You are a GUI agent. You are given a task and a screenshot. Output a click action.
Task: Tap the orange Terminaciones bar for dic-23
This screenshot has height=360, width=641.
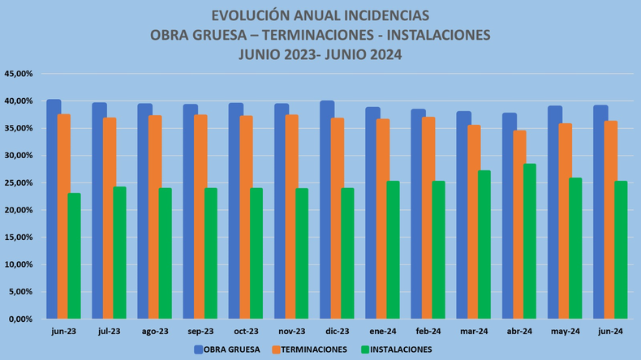(x=337, y=219)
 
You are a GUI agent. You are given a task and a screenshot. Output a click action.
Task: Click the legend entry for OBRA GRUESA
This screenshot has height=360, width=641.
(x=227, y=349)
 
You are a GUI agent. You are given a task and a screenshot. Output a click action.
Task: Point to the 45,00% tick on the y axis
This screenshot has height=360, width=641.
(x=19, y=74)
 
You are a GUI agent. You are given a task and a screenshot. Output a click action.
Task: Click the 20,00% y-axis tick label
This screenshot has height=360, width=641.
(x=19, y=210)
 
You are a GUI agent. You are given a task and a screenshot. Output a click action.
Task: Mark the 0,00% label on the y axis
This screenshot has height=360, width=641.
(x=20, y=319)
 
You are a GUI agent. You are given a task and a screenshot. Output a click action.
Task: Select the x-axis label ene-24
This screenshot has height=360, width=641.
(x=382, y=331)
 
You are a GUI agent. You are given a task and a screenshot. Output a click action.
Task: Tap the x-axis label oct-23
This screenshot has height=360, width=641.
(x=246, y=331)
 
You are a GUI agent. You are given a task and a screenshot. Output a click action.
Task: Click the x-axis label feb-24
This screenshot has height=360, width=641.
(x=428, y=331)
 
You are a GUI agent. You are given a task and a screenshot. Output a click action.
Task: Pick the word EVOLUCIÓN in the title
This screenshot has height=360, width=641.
(x=248, y=15)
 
